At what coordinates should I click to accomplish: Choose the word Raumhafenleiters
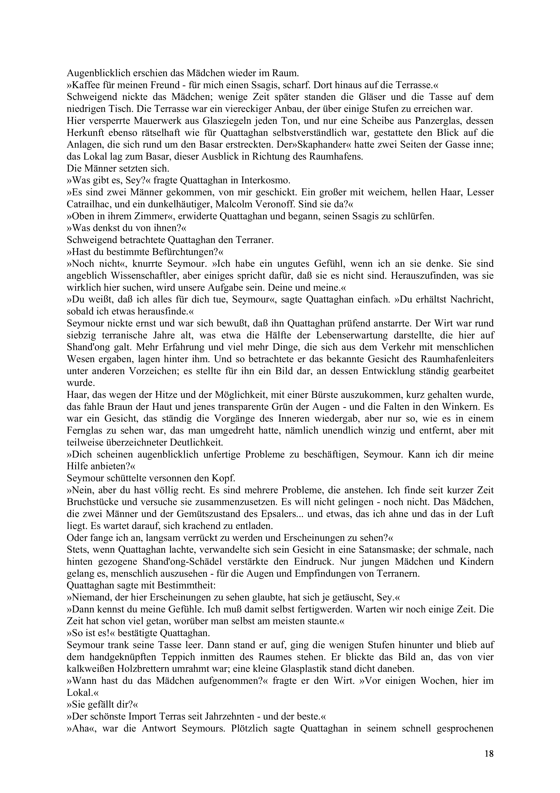[457, 360]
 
